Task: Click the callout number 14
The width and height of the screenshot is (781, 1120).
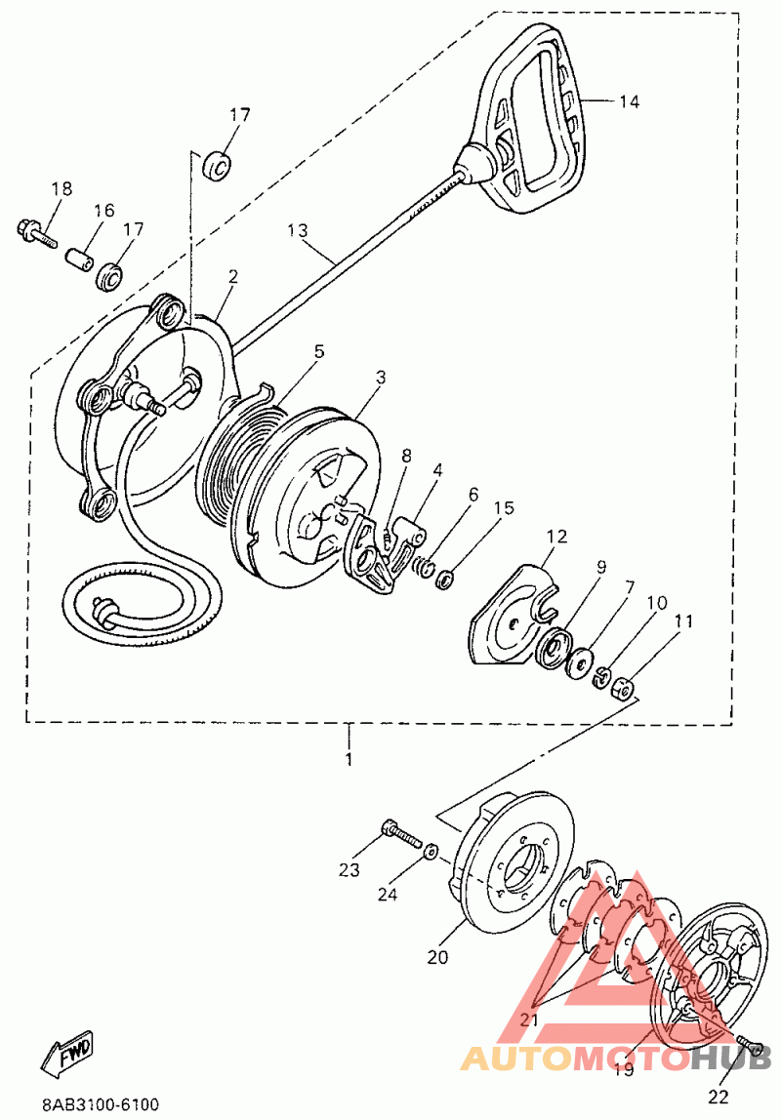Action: point(630,101)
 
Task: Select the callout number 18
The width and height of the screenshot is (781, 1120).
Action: point(62,189)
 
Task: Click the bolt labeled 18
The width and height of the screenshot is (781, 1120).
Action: point(35,232)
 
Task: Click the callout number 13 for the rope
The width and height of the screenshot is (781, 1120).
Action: point(298,231)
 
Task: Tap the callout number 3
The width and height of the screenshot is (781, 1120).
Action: point(381,377)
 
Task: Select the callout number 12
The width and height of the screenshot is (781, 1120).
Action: point(556,536)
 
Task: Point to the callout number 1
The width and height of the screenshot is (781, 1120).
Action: point(349,758)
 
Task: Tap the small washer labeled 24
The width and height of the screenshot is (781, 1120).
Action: point(431,851)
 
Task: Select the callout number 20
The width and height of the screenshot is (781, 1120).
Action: point(436,957)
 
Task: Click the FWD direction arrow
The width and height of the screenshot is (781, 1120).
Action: point(68,1053)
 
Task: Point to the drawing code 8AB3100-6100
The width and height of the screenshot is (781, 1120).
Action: point(101,1104)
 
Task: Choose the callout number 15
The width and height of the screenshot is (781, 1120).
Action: point(503,508)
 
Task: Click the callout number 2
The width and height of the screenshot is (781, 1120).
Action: point(232,277)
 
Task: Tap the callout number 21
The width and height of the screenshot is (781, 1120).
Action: point(529,1019)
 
